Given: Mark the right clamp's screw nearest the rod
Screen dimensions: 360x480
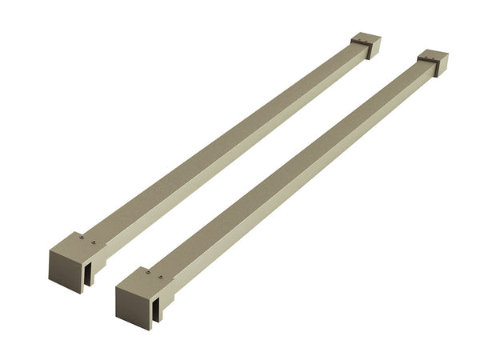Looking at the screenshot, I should [161, 279].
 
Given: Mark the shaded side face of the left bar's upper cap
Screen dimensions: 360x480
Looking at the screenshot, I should [372, 49].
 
